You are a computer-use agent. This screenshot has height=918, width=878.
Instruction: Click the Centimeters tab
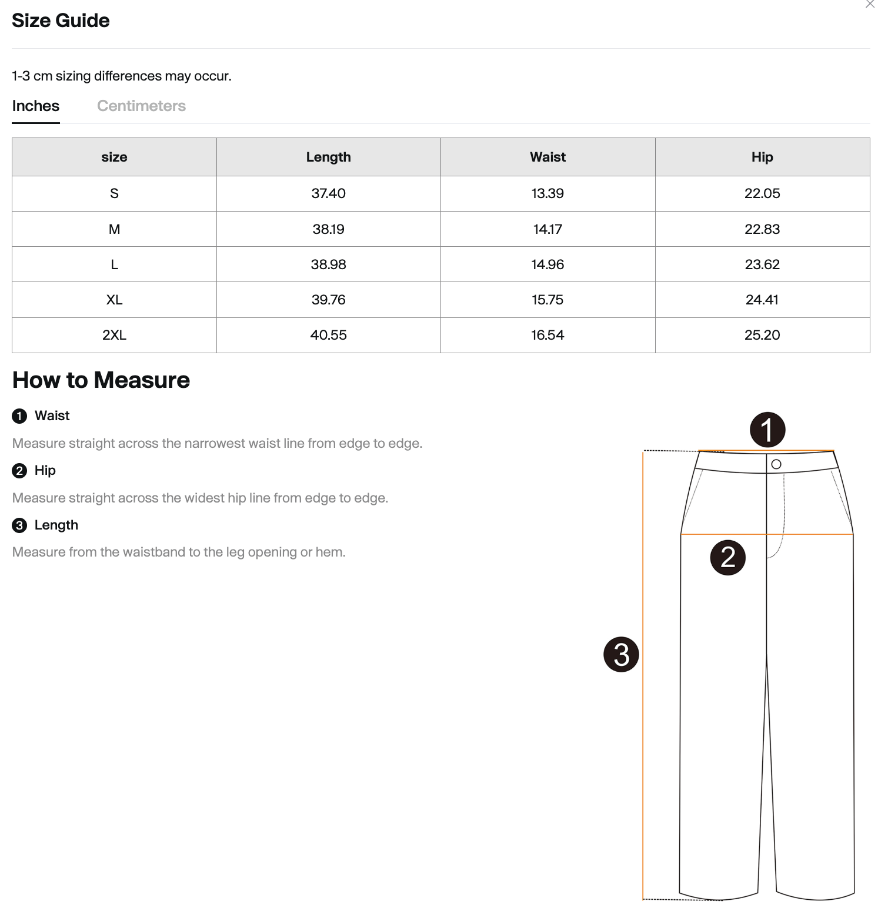coord(141,106)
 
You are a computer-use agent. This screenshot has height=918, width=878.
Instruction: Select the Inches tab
coord(36,106)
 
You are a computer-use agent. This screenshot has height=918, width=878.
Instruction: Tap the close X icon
coord(870,5)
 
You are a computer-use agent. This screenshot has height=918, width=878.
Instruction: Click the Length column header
coord(328,157)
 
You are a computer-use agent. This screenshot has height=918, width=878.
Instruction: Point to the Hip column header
coord(762,157)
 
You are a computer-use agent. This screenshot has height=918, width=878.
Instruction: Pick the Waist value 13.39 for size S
coord(548,193)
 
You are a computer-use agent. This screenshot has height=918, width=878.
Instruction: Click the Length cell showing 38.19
coord(328,229)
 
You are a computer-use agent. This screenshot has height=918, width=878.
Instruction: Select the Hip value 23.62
coord(762,264)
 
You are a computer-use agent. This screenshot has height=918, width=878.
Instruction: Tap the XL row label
coord(114,300)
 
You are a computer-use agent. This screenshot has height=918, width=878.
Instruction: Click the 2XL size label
coord(114,335)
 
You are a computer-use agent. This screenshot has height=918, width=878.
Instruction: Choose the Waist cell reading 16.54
coord(548,335)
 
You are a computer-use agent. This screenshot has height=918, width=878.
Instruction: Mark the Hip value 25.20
coord(762,335)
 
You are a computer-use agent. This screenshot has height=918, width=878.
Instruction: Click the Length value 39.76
coord(328,300)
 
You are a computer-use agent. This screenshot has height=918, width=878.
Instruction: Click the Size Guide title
coord(61,21)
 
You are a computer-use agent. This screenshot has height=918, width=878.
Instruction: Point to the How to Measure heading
coord(101,380)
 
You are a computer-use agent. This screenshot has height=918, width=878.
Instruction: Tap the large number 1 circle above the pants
coord(767,430)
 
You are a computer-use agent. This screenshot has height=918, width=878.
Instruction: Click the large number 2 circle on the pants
coord(728,557)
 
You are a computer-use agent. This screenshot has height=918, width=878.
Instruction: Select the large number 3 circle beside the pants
coord(621,654)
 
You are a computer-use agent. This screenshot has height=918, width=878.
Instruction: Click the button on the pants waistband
coord(776,464)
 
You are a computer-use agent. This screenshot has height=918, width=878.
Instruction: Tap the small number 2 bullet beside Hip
coord(19,471)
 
